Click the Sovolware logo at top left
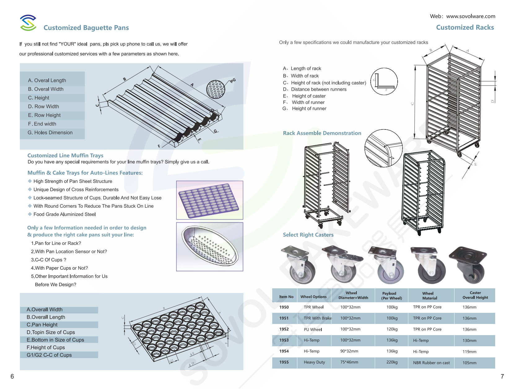(28, 23)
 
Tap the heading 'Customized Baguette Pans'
(86, 28)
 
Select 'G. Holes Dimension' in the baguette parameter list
(50, 133)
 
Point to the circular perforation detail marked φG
(215, 89)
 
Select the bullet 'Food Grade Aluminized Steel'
(64, 214)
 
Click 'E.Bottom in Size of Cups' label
(55, 340)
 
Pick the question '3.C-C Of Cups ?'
(49, 260)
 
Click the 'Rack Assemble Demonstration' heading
(322, 133)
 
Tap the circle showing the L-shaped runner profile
(384, 81)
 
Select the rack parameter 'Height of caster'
(308, 96)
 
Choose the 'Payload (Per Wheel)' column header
(391, 295)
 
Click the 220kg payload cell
(391, 362)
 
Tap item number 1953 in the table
(284, 340)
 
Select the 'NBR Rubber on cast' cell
(431, 363)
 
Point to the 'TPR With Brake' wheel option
(317, 318)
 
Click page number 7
(502, 376)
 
